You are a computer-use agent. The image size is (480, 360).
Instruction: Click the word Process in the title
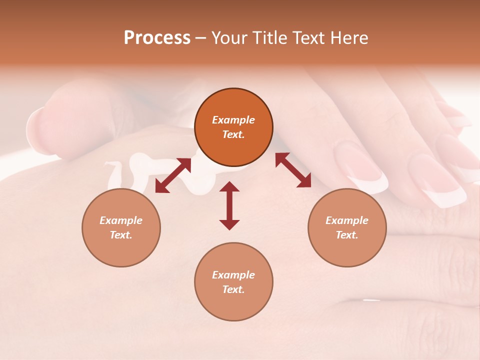click(x=157, y=38)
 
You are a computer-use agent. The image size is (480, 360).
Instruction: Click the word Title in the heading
click(x=268, y=38)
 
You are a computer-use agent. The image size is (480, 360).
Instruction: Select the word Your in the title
click(x=229, y=38)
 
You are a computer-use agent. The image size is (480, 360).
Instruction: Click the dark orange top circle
click(x=233, y=127)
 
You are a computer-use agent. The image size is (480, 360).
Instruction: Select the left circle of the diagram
click(x=121, y=227)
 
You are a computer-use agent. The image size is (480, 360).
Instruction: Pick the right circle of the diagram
click(x=346, y=227)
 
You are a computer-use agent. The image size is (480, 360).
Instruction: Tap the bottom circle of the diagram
click(x=233, y=282)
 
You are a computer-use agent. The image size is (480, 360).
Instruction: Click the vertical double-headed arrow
click(x=229, y=205)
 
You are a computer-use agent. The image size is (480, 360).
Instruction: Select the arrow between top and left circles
click(x=173, y=175)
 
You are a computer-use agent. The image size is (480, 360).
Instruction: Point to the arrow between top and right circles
click(x=293, y=170)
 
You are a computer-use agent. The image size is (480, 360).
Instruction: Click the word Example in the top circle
click(x=233, y=120)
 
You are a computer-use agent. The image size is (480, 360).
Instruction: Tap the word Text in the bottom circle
click(x=233, y=289)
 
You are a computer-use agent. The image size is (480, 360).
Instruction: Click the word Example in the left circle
click(x=121, y=220)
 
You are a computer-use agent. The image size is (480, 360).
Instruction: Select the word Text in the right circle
click(x=346, y=235)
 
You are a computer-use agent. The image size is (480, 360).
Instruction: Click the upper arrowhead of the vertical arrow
click(x=229, y=186)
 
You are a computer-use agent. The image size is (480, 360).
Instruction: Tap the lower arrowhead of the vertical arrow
click(x=229, y=224)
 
